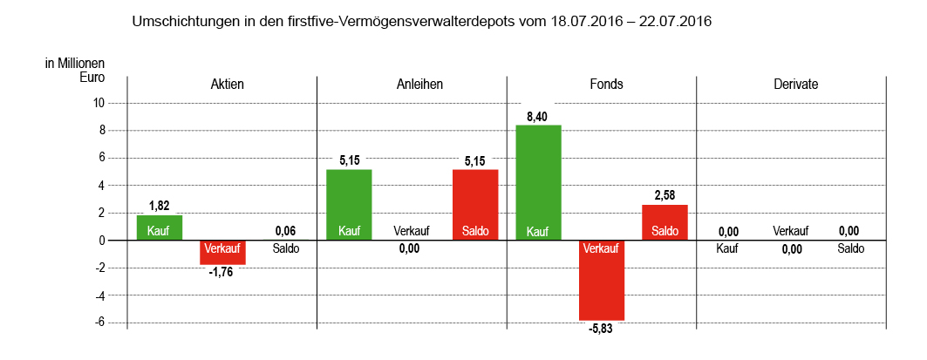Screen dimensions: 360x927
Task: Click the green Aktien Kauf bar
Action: pos(159,228)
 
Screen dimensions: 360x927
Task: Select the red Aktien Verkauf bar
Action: pos(222,252)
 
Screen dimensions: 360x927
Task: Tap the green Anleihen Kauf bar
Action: pos(349,205)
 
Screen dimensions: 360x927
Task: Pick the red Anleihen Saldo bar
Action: pos(475,205)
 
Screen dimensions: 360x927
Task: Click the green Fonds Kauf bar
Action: pos(538,183)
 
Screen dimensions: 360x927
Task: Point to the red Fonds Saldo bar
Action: pos(665,222)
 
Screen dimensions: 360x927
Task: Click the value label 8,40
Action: pos(538,116)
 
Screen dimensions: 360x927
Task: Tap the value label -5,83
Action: pos(602,329)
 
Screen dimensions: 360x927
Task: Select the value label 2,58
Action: pos(665,195)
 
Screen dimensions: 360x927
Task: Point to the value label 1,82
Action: pos(159,206)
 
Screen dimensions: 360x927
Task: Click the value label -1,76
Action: pos(222,272)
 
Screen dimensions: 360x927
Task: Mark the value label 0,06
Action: pos(286,231)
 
